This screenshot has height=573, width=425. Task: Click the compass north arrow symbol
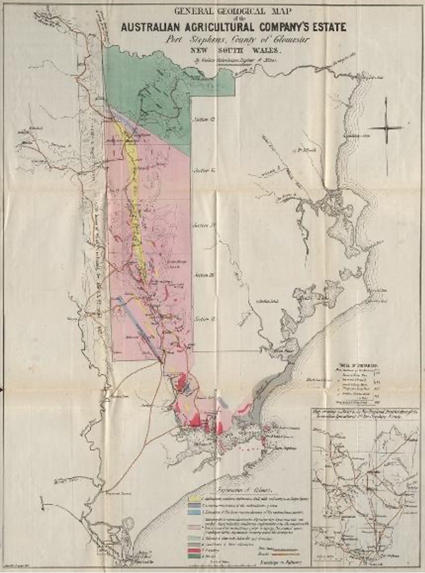386,128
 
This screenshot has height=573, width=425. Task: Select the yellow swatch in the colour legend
195,498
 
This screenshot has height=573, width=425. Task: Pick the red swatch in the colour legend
195,550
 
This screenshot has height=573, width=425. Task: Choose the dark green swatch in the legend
195,556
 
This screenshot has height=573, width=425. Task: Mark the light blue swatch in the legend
195,512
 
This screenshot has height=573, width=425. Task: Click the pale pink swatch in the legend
195,527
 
